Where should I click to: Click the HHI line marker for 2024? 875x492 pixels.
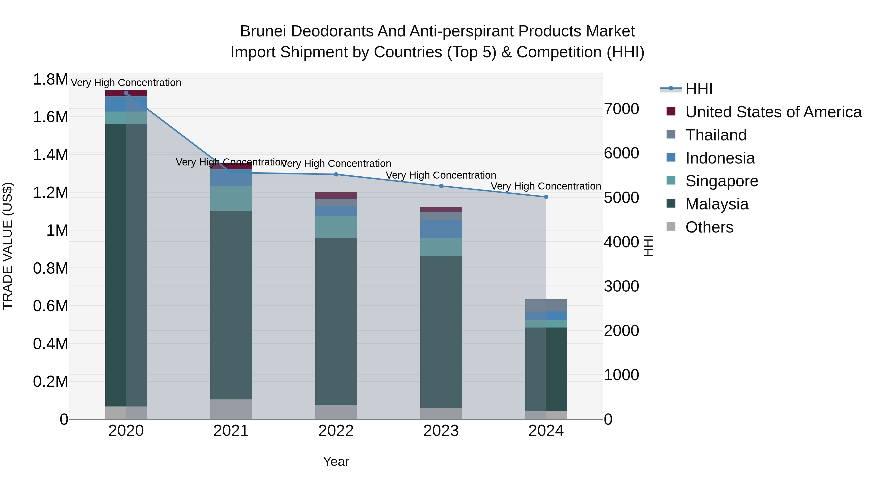[x=546, y=197]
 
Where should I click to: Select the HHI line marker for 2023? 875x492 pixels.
[x=441, y=186]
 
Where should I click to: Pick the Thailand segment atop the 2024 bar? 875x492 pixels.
[x=546, y=305]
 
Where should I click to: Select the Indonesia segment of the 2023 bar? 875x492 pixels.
[x=441, y=229]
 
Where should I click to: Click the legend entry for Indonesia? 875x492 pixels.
[x=720, y=158]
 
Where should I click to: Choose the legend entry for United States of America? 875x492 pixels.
[x=773, y=112]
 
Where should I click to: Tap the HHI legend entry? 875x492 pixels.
[x=698, y=89]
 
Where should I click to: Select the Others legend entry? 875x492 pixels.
[x=709, y=227]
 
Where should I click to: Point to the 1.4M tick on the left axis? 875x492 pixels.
[x=50, y=155]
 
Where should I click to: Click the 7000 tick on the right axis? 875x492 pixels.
[x=621, y=109]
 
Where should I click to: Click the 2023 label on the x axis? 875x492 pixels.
[x=441, y=431]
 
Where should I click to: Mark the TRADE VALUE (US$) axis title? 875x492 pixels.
[x=8, y=246]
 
